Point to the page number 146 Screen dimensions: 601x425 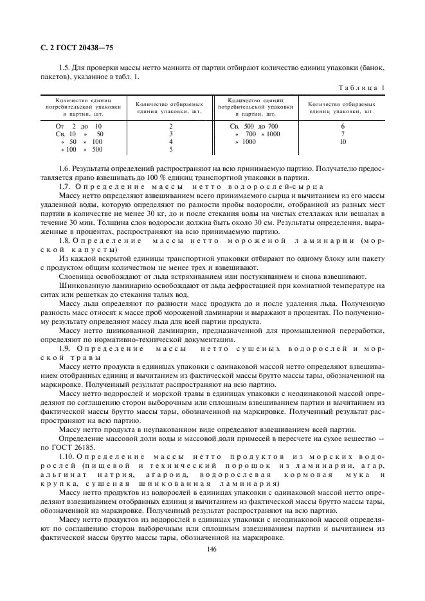pyautogui.click(x=212, y=549)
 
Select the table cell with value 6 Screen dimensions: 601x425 pyautogui.click(x=343, y=127)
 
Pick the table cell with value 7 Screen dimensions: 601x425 pyautogui.click(x=343, y=134)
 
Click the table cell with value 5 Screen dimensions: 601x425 pyautogui.click(x=170, y=149)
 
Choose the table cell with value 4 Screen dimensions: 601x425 pyautogui.click(x=170, y=141)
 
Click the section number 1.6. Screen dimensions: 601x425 pyautogui.click(x=64, y=168)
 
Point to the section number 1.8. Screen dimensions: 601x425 pyautogui.click(x=64, y=240)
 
